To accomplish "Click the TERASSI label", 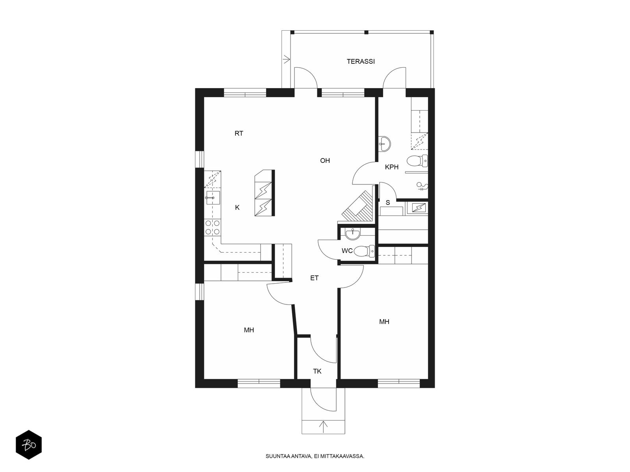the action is [x=361, y=61].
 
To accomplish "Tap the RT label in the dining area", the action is [x=239, y=133].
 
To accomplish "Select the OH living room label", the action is [x=325, y=160].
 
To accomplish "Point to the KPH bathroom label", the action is [x=392, y=167].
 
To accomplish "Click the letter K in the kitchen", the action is [x=237, y=208].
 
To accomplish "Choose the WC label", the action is [x=347, y=251].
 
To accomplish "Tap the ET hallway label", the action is [x=314, y=278].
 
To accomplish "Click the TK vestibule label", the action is [x=317, y=371].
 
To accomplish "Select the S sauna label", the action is [x=388, y=203].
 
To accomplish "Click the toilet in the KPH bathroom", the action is [x=417, y=161].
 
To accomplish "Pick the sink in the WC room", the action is [x=352, y=234].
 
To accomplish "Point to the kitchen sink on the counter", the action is [x=213, y=198].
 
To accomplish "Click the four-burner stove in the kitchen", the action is [x=213, y=227].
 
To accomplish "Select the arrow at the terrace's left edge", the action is [x=287, y=60].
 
